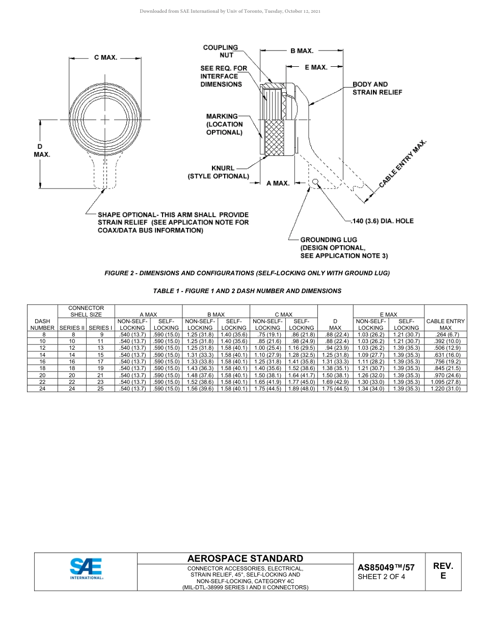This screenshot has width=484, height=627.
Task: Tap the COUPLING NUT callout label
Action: [x=220, y=51]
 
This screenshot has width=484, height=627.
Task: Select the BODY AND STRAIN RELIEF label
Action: [x=377, y=88]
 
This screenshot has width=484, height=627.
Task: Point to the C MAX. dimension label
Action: [x=105, y=58]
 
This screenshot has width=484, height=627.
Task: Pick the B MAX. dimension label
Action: [x=302, y=51]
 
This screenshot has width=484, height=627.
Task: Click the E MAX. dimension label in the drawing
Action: [x=316, y=67]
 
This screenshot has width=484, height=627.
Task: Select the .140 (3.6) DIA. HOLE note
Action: [x=383, y=221]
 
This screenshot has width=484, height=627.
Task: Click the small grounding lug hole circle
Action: [x=315, y=181]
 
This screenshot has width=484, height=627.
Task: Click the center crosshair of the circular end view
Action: [x=105, y=120]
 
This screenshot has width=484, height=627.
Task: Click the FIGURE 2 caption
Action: [x=247, y=273]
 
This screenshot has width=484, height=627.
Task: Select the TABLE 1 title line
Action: [x=247, y=291]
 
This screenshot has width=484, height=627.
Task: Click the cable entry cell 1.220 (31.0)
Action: [x=445, y=388]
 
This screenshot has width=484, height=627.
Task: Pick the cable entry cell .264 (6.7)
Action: [x=445, y=334]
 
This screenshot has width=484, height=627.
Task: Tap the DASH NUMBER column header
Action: [x=42, y=324]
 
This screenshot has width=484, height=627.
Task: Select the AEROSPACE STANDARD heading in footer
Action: [x=245, y=559]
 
